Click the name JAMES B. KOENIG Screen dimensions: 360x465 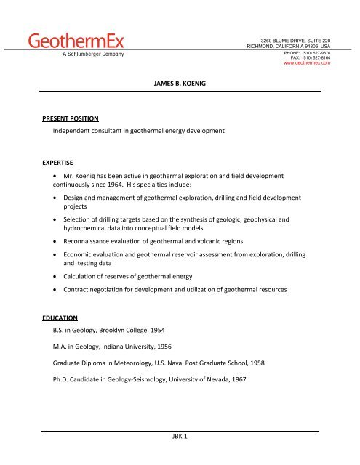[180, 84]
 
